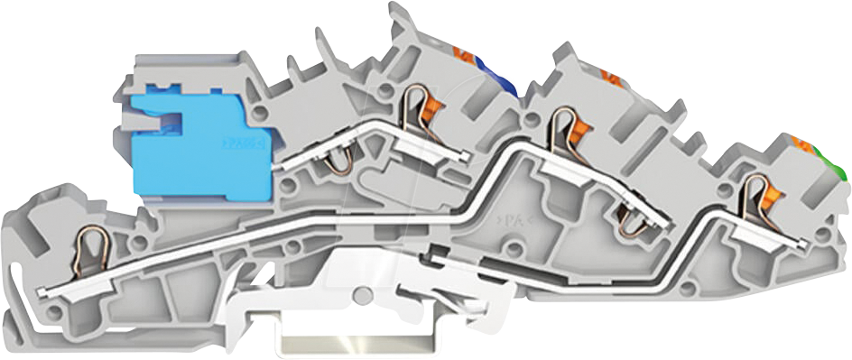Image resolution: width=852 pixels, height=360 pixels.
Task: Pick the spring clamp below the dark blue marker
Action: [x=414, y=103]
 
